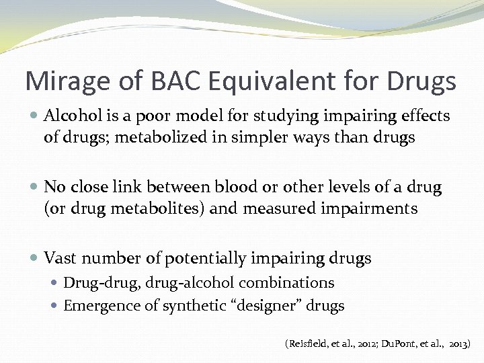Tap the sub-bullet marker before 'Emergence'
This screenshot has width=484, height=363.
[56, 307]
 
